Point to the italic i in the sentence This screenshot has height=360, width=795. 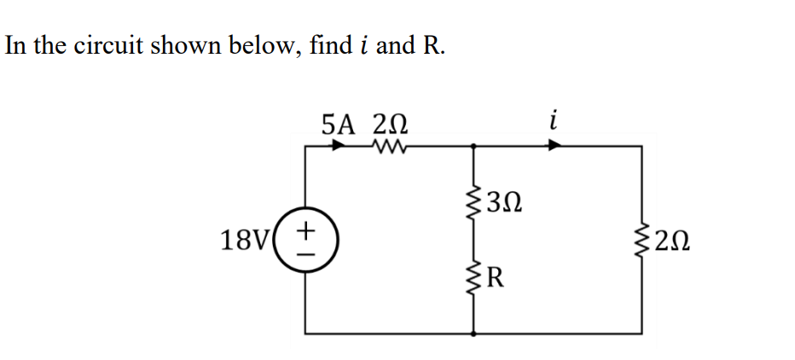click(x=363, y=45)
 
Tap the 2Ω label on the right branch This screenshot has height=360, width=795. click(x=673, y=241)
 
